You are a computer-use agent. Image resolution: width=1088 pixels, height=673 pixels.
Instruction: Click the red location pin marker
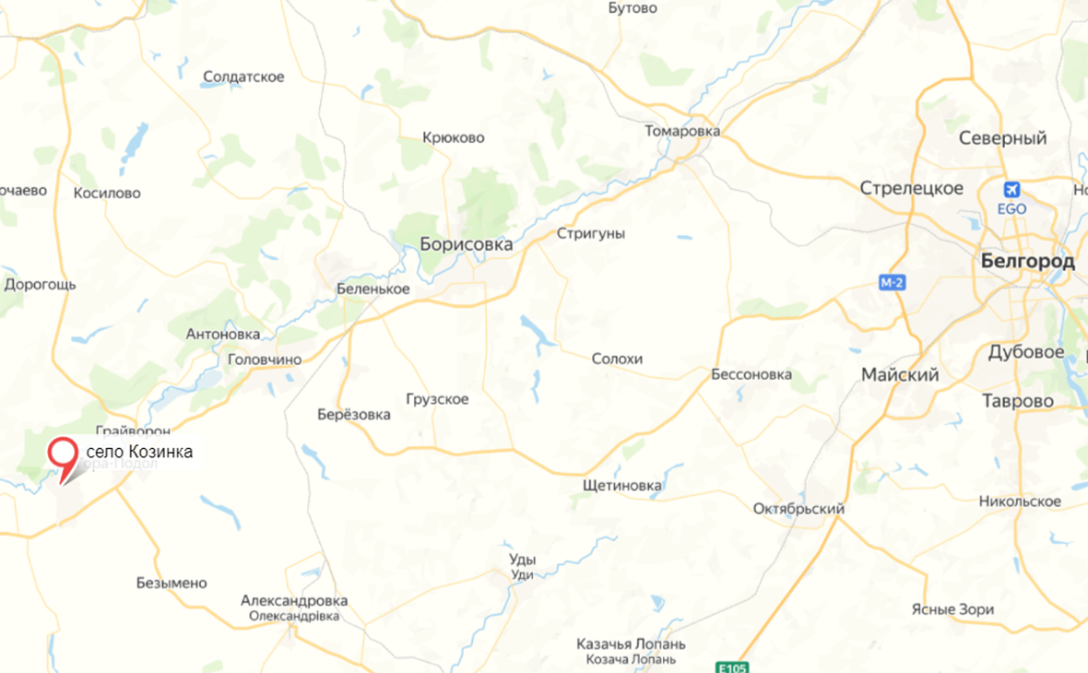pos(63,455)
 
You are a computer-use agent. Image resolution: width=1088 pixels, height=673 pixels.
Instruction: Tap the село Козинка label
pos(139,452)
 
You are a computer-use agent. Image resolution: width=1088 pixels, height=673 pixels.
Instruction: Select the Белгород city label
pos(1027,261)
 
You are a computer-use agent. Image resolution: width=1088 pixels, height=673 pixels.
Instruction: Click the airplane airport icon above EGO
pos(1011,190)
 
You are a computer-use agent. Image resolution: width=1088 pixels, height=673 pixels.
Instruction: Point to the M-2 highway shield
pos(891,282)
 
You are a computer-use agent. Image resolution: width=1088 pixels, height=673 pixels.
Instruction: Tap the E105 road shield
pos(732,667)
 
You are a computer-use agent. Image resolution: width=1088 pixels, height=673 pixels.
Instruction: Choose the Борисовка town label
pos(466,245)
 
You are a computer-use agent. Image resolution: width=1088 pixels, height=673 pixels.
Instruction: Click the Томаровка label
pos(681,131)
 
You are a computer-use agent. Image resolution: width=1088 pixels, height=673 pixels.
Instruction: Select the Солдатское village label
pos(243,77)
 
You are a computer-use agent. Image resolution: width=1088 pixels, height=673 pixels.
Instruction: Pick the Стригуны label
pos(590,233)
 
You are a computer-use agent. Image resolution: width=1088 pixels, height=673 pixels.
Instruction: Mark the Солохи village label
pos(617,359)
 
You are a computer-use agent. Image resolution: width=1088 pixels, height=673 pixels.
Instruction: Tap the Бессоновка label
pos(751,374)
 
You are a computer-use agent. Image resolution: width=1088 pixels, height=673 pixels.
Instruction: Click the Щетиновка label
pos(621,485)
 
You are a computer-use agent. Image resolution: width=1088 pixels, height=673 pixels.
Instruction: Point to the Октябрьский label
pos(798,509)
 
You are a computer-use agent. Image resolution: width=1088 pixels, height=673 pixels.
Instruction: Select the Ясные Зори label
pos(952,609)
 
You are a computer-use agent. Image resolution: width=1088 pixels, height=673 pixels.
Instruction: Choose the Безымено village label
pos(171,583)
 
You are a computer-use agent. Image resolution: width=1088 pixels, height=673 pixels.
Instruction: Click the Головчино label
pos(264,359)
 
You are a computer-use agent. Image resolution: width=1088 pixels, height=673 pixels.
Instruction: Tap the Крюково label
pos(453,138)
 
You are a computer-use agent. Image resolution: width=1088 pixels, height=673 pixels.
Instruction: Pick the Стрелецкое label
pos(911,188)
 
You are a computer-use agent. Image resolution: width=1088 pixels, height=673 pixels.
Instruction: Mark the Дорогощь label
pos(40,284)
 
